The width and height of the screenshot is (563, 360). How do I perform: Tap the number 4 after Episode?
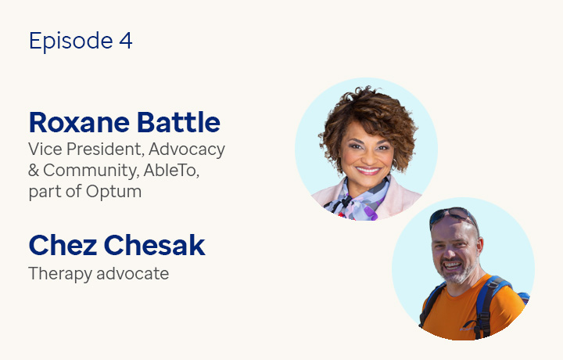[126, 41]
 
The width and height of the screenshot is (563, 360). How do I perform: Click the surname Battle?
[178, 122]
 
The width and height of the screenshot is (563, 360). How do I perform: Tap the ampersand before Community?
[34, 170]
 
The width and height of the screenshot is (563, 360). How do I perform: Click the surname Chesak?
[155, 245]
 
